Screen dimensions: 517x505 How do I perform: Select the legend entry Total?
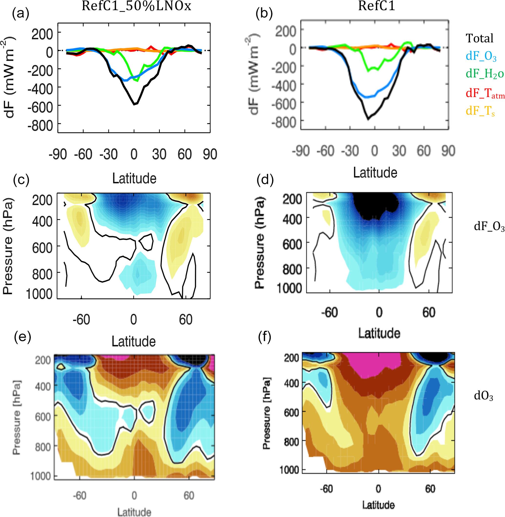point(479,38)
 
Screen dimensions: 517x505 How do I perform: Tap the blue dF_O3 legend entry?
point(481,56)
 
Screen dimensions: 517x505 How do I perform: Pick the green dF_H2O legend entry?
point(484,74)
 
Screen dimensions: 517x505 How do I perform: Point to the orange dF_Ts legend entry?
point(480,111)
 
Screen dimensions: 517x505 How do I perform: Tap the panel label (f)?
point(264,337)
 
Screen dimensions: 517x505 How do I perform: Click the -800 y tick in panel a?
point(40,126)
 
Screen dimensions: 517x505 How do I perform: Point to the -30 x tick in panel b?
point(350,151)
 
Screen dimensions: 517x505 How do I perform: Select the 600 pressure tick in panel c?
point(42,248)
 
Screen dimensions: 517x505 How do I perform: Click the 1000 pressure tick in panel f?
point(289,470)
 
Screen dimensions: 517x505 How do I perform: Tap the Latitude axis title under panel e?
point(134,512)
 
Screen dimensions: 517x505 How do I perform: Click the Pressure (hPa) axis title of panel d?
point(259,243)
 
